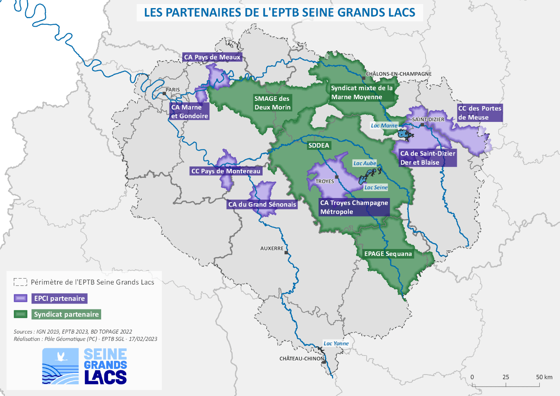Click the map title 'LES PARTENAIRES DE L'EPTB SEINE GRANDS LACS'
pyautogui.click(x=280, y=13)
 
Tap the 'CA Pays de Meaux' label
pyautogui.click(x=212, y=57)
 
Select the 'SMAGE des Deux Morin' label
pyautogui.click(x=272, y=103)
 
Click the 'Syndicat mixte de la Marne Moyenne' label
pyautogui.click(x=362, y=92)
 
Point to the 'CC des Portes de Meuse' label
pyautogui.click(x=479, y=113)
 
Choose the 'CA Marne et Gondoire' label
pyautogui.click(x=189, y=111)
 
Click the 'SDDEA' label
pyautogui.click(x=319, y=145)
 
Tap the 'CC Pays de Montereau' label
pyautogui.click(x=226, y=171)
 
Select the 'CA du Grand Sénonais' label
pyautogui.click(x=262, y=204)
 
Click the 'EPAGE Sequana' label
pyautogui.click(x=388, y=254)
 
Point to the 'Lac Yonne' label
pyautogui.click(x=336, y=343)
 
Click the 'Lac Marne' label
pyautogui.click(x=384, y=126)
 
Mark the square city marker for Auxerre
pyautogui.click(x=286, y=253)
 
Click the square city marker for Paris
pyautogui.click(x=164, y=94)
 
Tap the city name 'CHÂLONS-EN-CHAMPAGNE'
pyautogui.click(x=399, y=74)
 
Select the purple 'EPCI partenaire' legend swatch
pyautogui.click(x=20, y=298)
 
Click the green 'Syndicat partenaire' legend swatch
pyautogui.click(x=20, y=314)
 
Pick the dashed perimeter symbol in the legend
pyautogui.click(x=20, y=282)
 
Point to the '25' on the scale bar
pyautogui.click(x=506, y=377)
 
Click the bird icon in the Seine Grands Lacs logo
pyautogui.click(x=61, y=357)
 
